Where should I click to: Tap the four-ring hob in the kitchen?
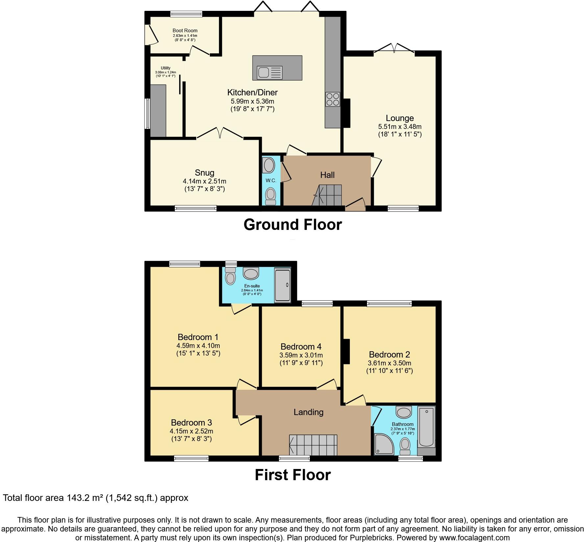[x=332, y=99]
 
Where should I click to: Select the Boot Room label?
[x=185, y=31]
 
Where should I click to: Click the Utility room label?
[x=165, y=68]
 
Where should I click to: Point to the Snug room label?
[x=205, y=173]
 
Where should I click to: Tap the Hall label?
[x=327, y=175]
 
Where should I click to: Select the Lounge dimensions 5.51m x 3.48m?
[x=400, y=127]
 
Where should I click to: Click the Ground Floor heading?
[x=293, y=225]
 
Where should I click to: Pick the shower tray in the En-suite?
[x=282, y=285]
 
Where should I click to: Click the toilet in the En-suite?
[x=231, y=276]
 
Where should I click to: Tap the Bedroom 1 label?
[x=198, y=337]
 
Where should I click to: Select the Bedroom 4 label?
[x=301, y=347]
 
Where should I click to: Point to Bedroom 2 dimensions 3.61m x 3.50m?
[x=389, y=363]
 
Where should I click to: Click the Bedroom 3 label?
[x=191, y=423]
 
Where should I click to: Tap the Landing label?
[x=308, y=412]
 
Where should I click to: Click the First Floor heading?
[x=293, y=475]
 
